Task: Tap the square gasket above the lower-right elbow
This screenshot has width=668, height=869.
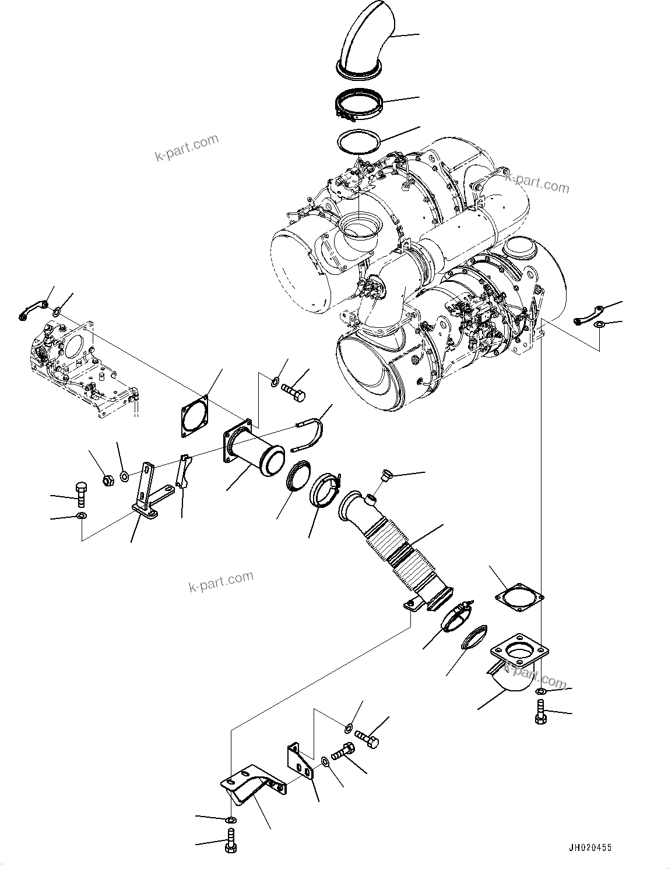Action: point(518,599)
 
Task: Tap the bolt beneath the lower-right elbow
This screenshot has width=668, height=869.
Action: point(540,712)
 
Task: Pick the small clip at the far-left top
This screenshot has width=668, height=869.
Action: point(31,309)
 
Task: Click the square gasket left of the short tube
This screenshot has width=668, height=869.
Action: point(193,416)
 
